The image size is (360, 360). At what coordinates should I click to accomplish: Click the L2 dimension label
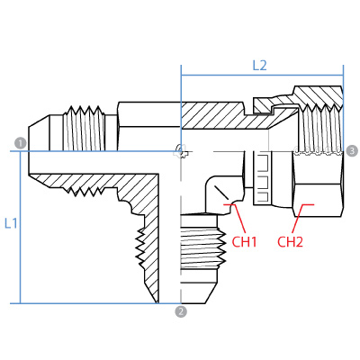[259, 66]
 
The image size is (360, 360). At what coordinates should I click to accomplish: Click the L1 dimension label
[11, 223]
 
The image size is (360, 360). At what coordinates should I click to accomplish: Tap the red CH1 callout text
[245, 242]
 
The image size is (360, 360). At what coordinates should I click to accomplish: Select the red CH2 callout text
[290, 242]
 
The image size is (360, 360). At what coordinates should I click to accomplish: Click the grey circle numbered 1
[21, 143]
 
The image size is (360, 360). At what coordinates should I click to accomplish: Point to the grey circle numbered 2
[181, 311]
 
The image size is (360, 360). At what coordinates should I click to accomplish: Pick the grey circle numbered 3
[352, 150]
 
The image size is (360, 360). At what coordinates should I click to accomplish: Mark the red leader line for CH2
[301, 218]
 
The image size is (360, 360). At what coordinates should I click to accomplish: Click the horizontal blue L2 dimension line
[262, 76]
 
